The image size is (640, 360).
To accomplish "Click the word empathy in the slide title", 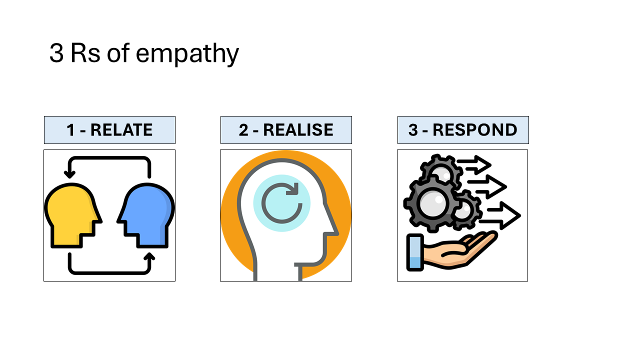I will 187,54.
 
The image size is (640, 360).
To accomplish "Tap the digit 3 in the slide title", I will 56,53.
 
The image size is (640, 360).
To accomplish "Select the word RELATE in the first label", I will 121,130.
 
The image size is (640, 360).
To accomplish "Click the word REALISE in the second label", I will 298,130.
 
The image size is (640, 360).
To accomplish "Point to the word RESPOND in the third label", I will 475,130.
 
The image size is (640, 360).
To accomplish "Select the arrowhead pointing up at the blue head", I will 149,257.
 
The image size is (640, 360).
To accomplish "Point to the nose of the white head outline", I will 334,231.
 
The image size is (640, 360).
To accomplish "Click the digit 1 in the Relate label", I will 70,130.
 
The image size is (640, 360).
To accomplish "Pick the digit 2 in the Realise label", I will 243,130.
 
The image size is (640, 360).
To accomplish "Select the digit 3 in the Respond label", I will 413,130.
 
